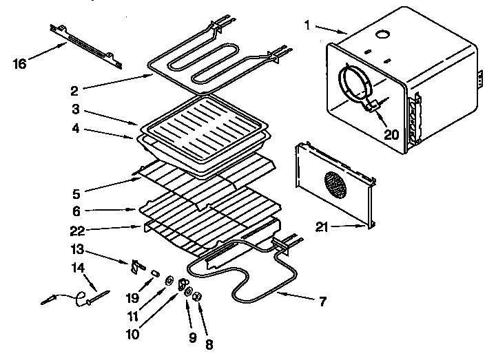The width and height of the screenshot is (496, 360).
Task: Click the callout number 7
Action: click(x=323, y=301)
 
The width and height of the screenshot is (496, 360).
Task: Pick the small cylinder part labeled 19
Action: click(x=156, y=273)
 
